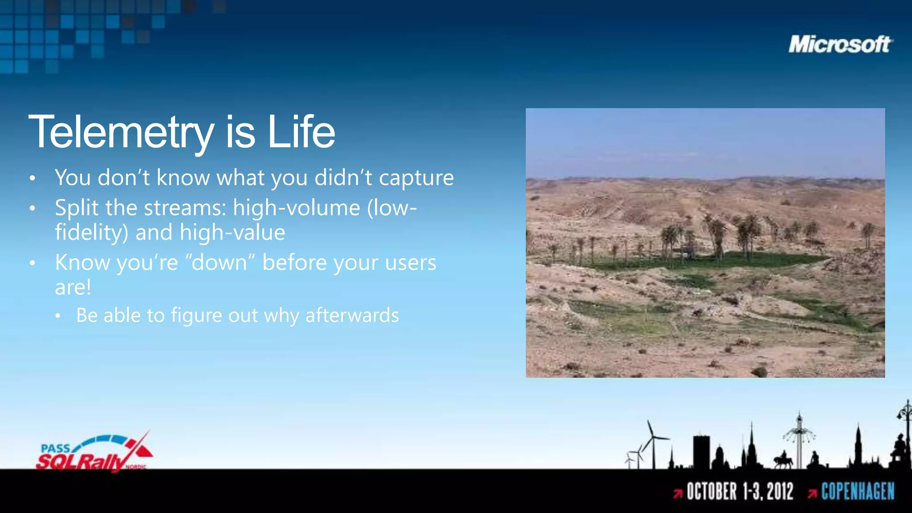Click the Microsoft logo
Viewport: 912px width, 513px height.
[x=840, y=45]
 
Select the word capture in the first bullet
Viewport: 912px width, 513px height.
[x=416, y=179]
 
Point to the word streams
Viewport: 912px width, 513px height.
[x=185, y=208]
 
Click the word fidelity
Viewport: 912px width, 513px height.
[x=91, y=233]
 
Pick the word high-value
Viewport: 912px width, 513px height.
[x=232, y=232]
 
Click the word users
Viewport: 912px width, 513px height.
[x=410, y=263]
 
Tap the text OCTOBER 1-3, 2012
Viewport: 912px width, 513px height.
[x=740, y=492]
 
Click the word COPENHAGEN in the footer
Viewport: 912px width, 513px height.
[x=858, y=492]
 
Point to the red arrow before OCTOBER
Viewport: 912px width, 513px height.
[x=678, y=493]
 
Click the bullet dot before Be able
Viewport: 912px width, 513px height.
[x=58, y=316]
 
